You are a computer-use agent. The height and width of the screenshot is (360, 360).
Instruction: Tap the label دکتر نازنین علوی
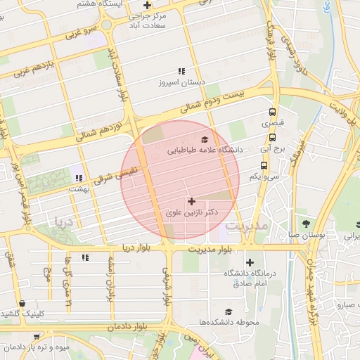pyautogui.click(x=191, y=212)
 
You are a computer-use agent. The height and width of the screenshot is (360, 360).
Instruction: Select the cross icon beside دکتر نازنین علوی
pyautogui.click(x=191, y=201)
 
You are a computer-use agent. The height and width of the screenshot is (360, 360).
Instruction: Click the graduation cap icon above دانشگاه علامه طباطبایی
pyautogui.click(x=205, y=140)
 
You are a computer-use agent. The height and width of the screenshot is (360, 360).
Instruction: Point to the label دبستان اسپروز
pyautogui.click(x=181, y=82)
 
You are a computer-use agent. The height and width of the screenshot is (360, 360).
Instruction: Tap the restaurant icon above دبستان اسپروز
pyautogui.click(x=181, y=71)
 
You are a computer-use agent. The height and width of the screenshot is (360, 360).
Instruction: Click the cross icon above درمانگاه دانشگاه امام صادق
pyautogui.click(x=250, y=262)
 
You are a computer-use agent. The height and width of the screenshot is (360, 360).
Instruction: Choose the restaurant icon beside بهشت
pyautogui.click(x=79, y=179)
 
